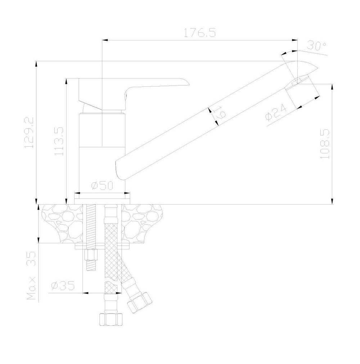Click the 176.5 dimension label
(x=200, y=33)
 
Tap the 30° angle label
(x=316, y=46)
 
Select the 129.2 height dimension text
(x=30, y=132)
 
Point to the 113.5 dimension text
(x=59, y=141)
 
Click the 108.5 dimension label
(x=325, y=144)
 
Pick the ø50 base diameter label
(x=102, y=186)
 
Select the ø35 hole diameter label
(x=63, y=286)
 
